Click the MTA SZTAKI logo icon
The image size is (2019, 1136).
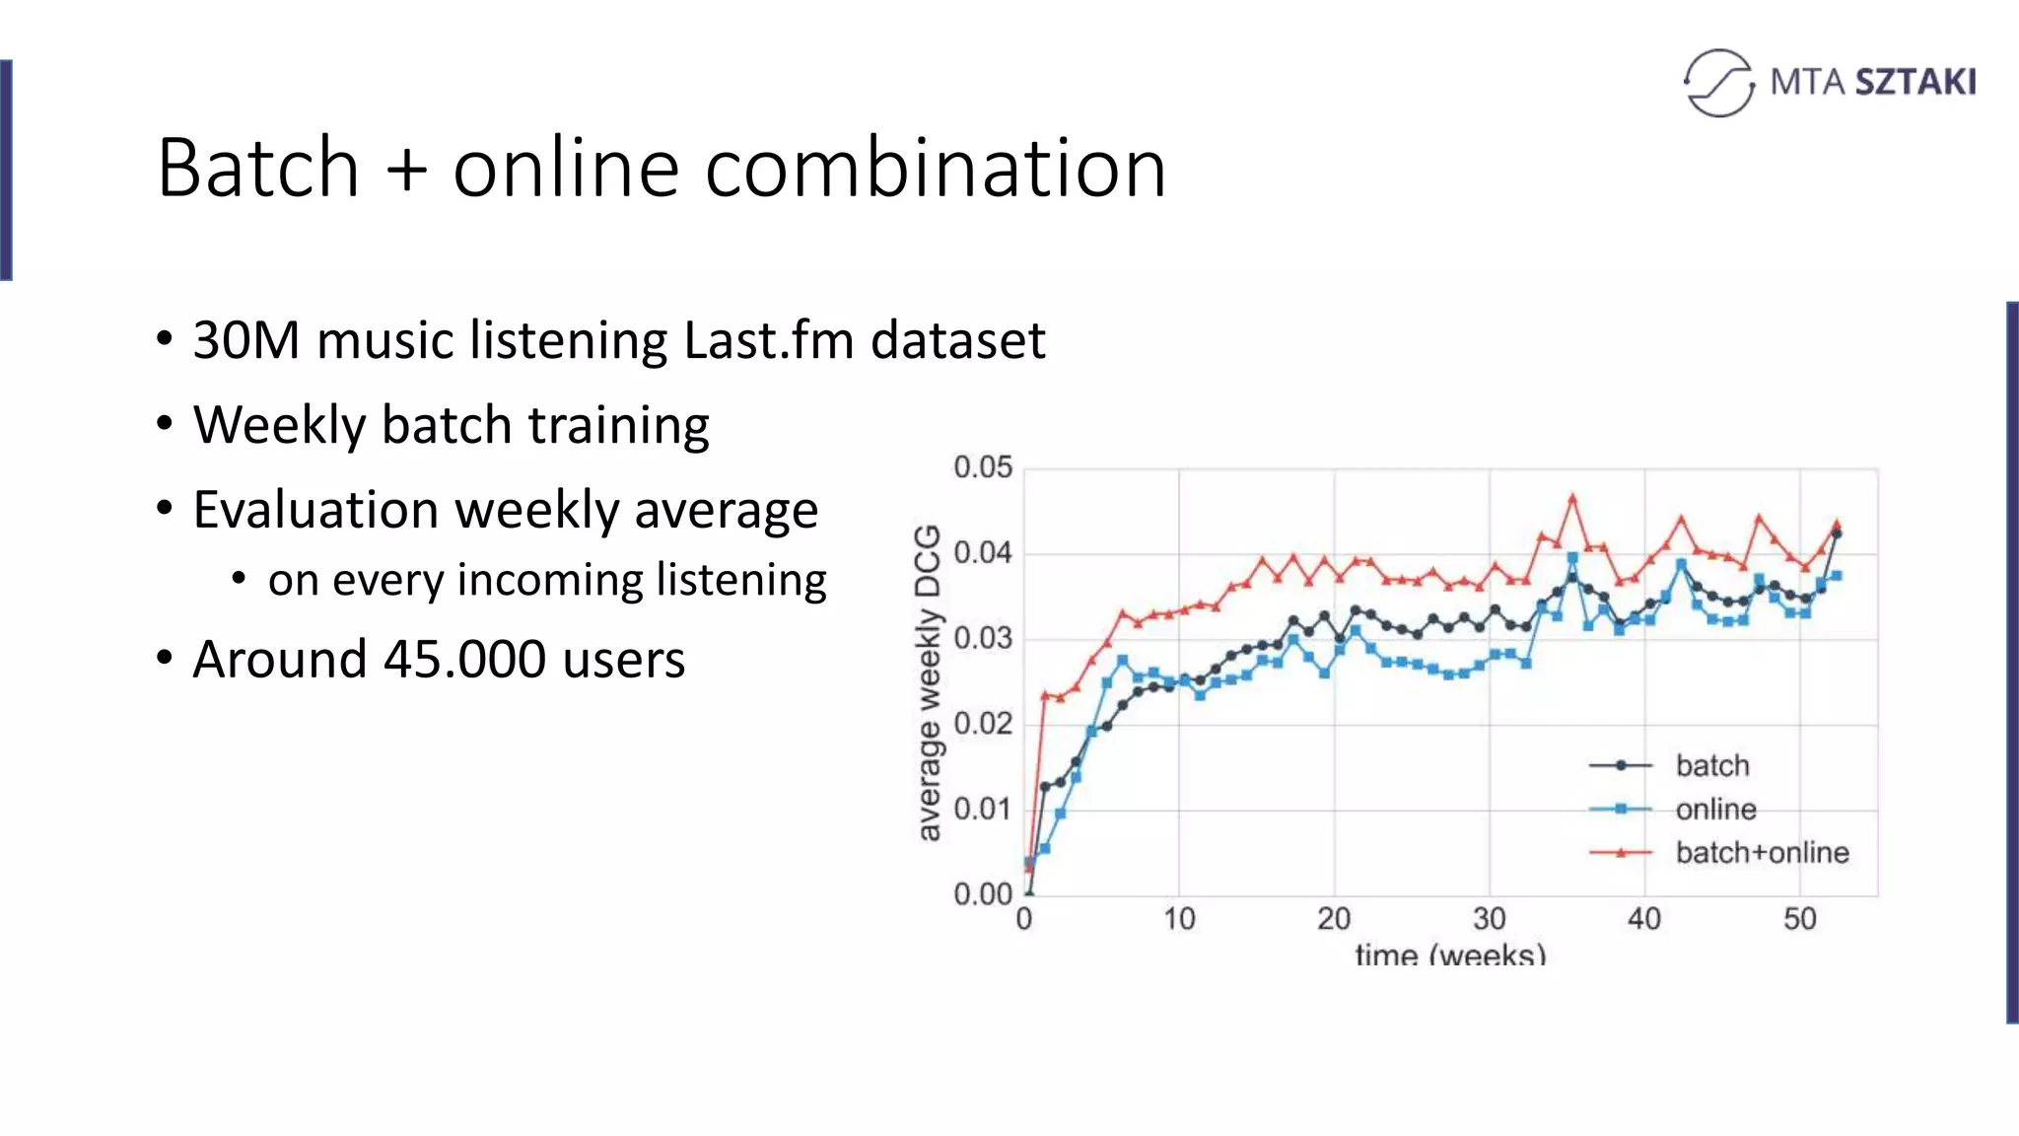click(x=1718, y=83)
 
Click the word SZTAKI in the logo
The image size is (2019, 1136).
click(x=1915, y=82)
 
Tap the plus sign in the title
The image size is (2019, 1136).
click(x=406, y=170)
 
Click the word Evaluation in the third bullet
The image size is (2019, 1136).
click(x=315, y=511)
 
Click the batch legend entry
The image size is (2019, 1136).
click(x=1712, y=766)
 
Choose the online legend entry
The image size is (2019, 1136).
click(x=1715, y=810)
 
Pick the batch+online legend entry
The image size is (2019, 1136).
click(x=1762, y=853)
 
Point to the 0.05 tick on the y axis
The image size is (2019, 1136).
click(x=982, y=467)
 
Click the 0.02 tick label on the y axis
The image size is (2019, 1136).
click(x=982, y=724)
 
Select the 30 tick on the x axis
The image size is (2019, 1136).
click(x=1489, y=919)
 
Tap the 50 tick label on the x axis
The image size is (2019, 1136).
click(x=1799, y=919)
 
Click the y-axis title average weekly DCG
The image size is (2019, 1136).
click(x=928, y=682)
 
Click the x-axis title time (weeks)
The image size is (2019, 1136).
click(x=1450, y=954)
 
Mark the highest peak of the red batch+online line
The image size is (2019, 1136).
click(x=1572, y=498)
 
